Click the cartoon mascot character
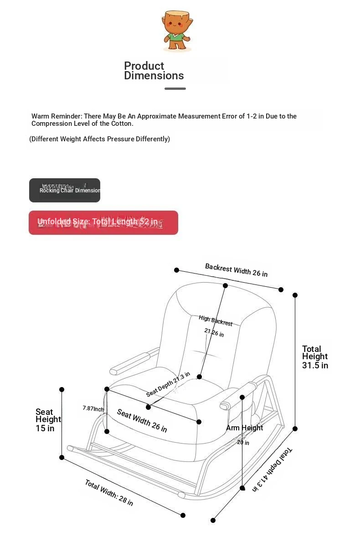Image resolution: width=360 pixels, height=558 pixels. [176, 31]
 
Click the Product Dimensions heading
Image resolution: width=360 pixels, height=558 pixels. [154, 71]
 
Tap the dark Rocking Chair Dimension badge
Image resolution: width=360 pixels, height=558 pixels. [65, 190]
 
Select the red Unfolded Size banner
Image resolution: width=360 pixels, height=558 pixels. [103, 222]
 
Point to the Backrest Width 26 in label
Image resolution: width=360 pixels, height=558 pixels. [236, 270]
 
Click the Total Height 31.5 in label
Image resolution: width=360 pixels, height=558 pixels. [315, 357]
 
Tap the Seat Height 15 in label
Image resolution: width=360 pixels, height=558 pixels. [48, 420]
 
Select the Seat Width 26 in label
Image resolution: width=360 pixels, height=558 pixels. [142, 420]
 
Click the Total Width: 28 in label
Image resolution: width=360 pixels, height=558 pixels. [109, 492]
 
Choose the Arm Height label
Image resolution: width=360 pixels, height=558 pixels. [244, 428]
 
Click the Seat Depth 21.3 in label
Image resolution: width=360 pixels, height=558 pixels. [168, 384]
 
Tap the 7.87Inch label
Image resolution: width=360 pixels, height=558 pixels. [93, 408]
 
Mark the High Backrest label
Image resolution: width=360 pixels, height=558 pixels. [216, 320]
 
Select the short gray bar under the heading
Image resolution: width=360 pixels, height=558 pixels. [175, 88]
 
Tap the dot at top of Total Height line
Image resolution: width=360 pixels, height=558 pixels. [295, 295]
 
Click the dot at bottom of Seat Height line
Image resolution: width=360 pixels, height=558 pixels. [62, 457]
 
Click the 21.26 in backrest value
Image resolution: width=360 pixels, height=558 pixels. [214, 333]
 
